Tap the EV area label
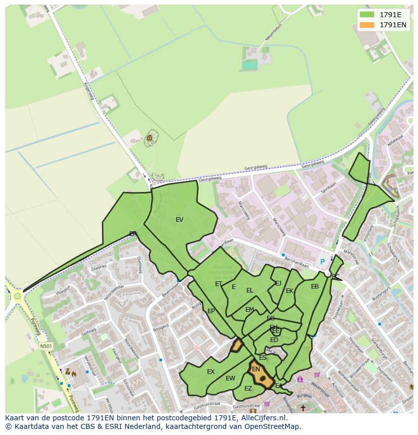tap(179, 220)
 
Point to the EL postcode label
tap(250, 291)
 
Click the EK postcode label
tap(289, 291)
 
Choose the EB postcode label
tap(315, 287)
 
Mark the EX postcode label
tap(211, 372)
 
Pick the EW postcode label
tap(230, 378)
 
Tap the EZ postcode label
tap(248, 389)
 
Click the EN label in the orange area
tap(256, 369)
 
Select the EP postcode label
tap(211, 311)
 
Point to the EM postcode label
tap(249, 310)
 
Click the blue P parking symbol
tap(323, 262)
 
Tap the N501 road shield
tap(46, 346)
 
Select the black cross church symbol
tap(303, 408)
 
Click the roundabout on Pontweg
tap(18, 296)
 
